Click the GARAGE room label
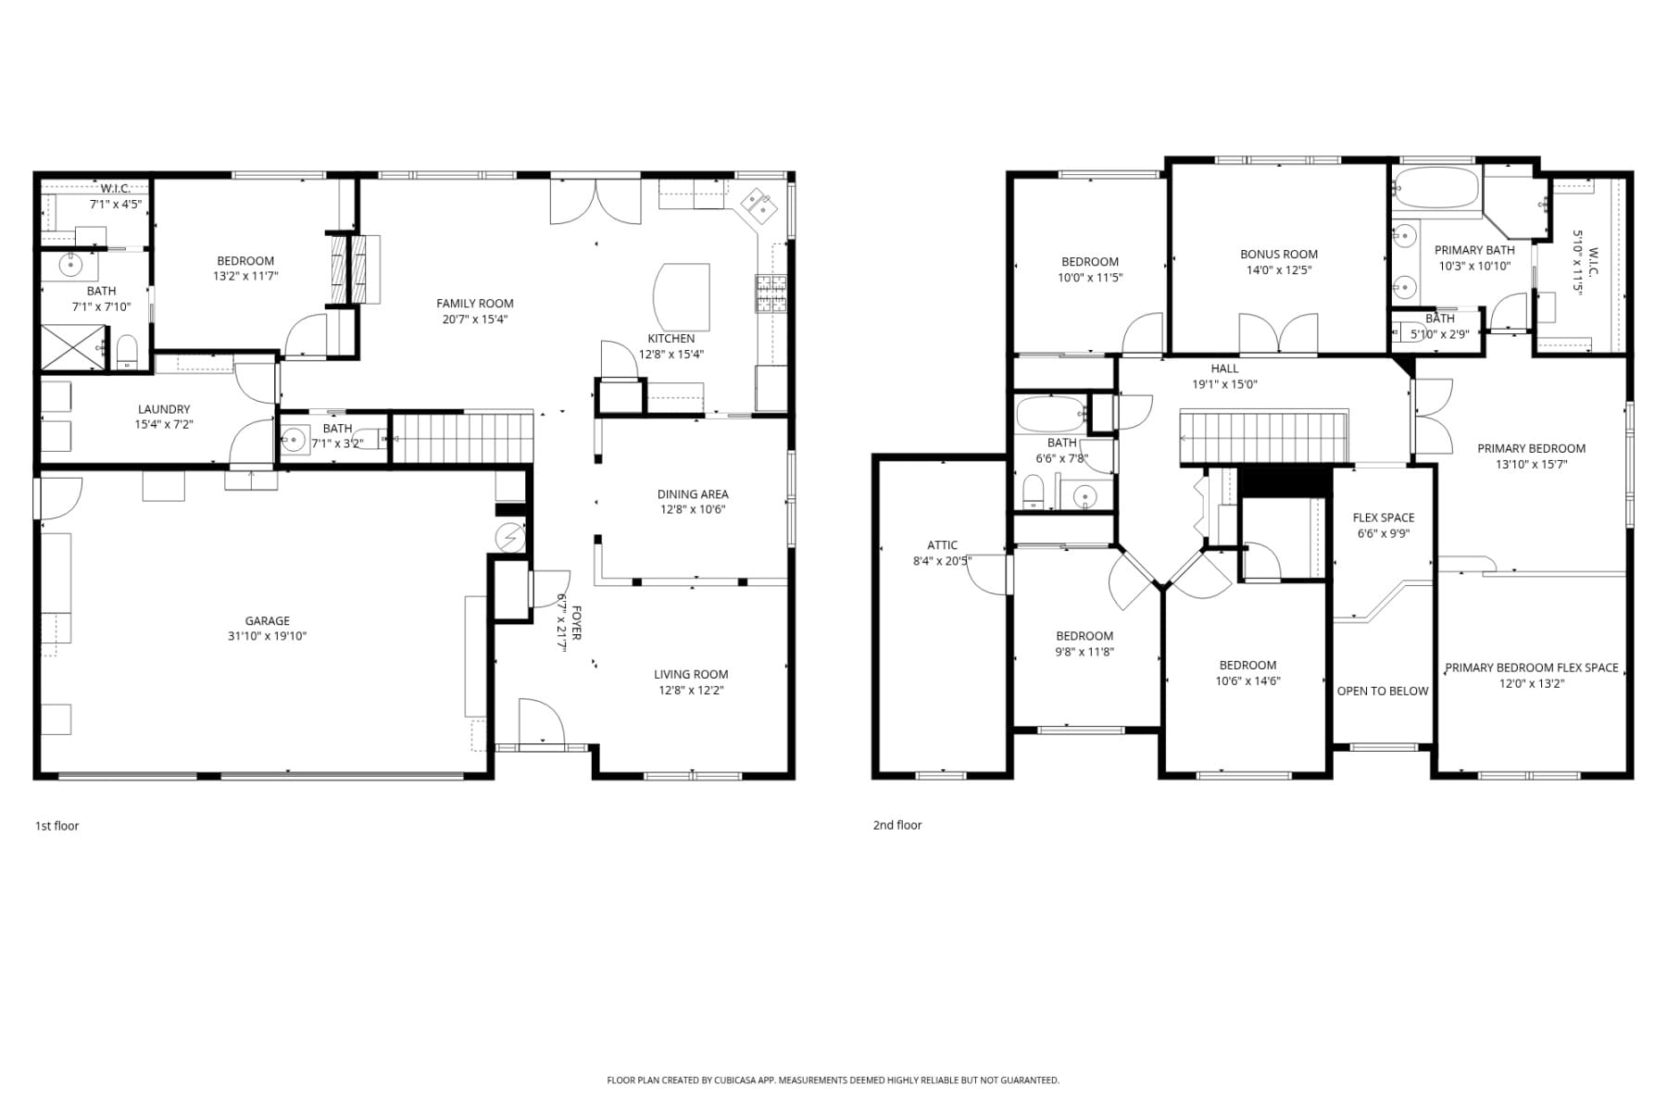[x=267, y=620]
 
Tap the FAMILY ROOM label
[x=475, y=303]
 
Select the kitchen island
[x=682, y=297]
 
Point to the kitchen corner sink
[x=760, y=206]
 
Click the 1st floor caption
[x=57, y=826]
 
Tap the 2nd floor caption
[x=897, y=825]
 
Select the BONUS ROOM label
[x=1279, y=254]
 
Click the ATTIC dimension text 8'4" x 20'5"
[x=942, y=560]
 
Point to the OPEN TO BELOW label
[x=1383, y=691]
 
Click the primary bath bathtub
[x=1436, y=188]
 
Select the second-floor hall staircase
[x=1263, y=437]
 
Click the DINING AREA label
[x=693, y=493]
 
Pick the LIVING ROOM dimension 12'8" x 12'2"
[x=691, y=690]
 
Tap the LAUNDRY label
[x=164, y=409]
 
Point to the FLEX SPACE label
[x=1384, y=518]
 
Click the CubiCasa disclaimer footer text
[x=833, y=1080]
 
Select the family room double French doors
[x=595, y=201]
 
